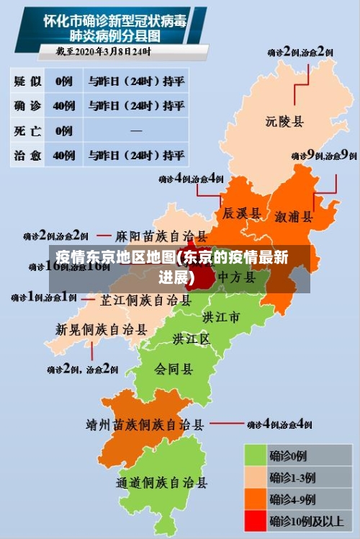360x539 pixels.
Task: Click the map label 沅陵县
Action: coord(284,121)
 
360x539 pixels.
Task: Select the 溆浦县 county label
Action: coord(294,215)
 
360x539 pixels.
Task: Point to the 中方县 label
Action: coord(237,277)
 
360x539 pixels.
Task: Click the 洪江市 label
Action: coord(221,317)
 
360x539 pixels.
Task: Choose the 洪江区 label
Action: coord(191,338)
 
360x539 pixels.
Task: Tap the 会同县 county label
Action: coord(174,369)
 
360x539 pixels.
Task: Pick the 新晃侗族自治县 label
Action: coord(102,329)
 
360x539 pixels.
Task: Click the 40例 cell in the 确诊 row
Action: coord(64,106)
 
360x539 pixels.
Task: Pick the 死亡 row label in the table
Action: coord(27,130)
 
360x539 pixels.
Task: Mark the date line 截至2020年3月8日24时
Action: coord(104,51)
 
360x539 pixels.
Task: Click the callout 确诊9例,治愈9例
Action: coord(324,155)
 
